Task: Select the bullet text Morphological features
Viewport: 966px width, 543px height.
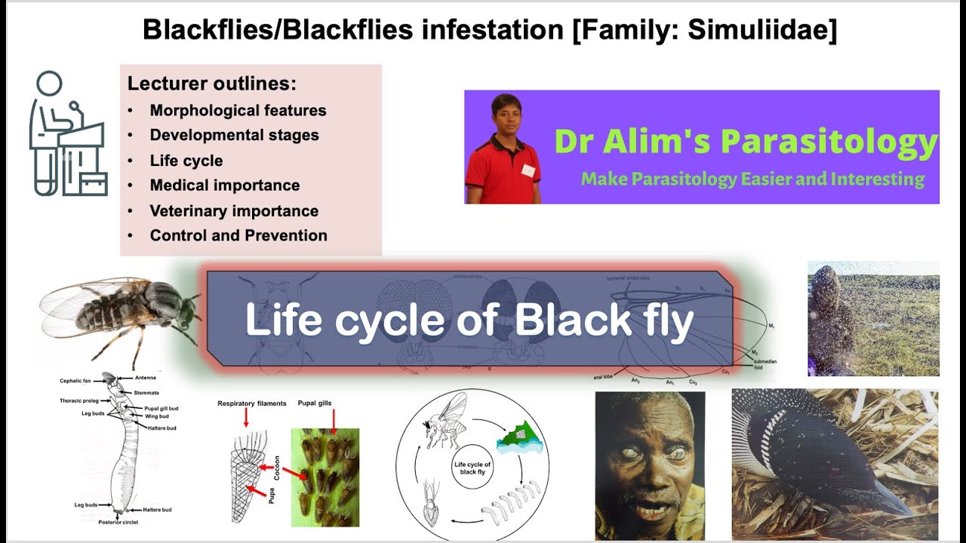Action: tap(238, 110)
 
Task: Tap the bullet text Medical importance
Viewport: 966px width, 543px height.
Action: tap(224, 186)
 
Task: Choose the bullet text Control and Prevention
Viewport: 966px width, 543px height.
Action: tap(238, 235)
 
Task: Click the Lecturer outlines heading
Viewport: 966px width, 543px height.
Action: tap(211, 84)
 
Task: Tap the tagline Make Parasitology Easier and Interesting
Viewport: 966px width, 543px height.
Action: tap(752, 179)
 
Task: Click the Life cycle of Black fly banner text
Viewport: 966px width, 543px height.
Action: tap(469, 320)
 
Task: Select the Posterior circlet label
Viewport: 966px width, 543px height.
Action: tap(117, 521)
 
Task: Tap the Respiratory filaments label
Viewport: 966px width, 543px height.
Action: tap(251, 403)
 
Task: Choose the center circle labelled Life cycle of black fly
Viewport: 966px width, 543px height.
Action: tap(472, 469)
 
